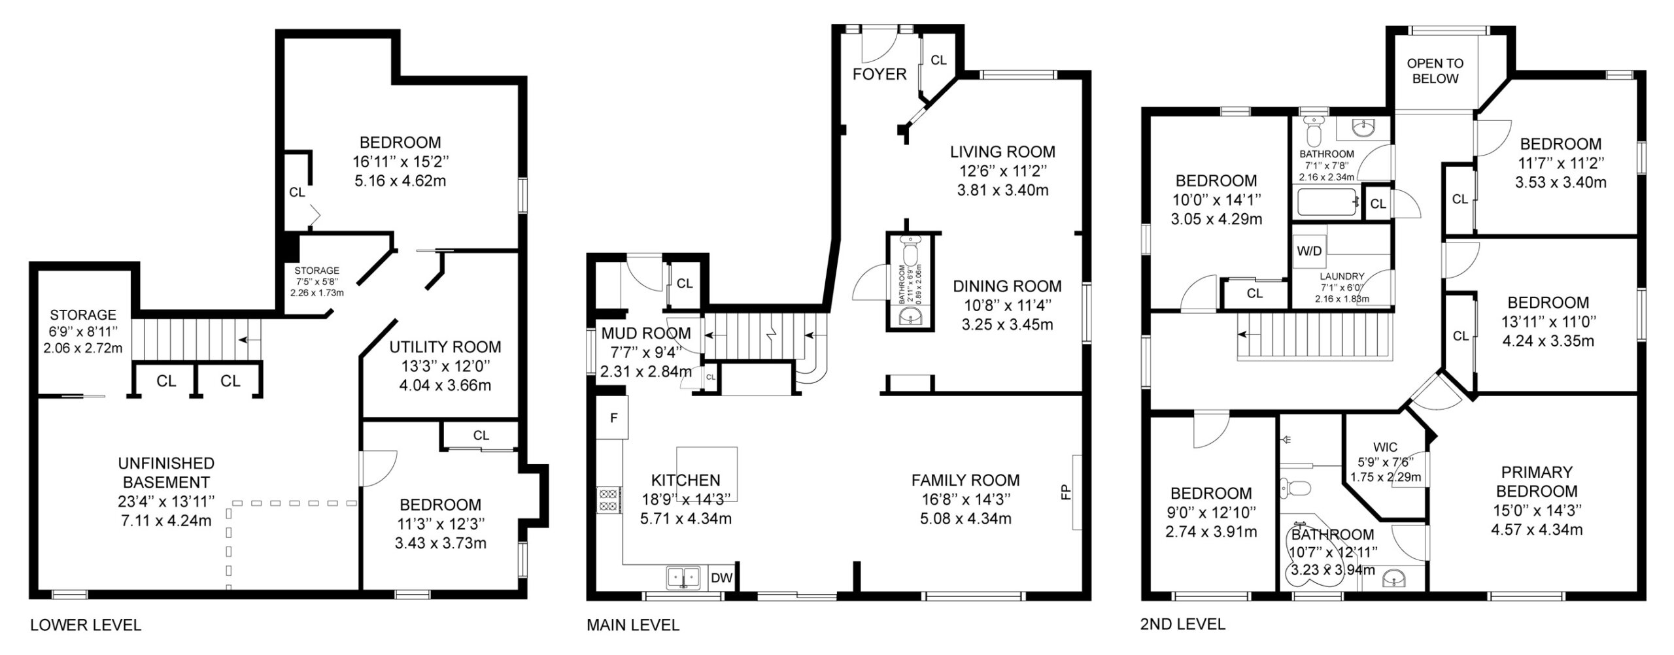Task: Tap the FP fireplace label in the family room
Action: [x=1066, y=492]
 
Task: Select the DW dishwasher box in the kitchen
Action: [x=721, y=577]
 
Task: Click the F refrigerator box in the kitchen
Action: [x=613, y=417]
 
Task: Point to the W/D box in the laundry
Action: [x=1309, y=251]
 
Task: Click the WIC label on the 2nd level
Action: [x=1385, y=448]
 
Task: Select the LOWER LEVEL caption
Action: [x=86, y=625]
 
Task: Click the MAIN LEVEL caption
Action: [x=633, y=625]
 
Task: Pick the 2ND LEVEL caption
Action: [x=1183, y=624]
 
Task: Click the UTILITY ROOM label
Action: [x=445, y=346]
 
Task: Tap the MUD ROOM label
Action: [x=646, y=333]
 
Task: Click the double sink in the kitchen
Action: [x=683, y=578]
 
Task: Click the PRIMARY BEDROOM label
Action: [x=1537, y=481]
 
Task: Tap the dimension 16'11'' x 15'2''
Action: [x=400, y=161]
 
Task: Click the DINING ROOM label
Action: [x=1007, y=286]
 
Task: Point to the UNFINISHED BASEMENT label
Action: [x=166, y=473]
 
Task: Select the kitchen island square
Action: [x=707, y=474]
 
